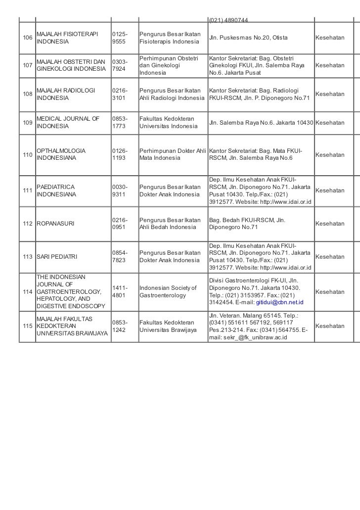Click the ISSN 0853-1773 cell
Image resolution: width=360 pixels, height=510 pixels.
(121, 122)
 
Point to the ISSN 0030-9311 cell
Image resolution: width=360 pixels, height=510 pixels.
(121, 190)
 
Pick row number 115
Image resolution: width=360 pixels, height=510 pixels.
(27, 326)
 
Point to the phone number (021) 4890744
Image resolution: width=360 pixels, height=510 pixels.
(228, 20)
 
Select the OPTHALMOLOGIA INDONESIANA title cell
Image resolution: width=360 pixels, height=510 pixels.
(61, 154)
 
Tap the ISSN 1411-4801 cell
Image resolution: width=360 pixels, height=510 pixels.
(121, 291)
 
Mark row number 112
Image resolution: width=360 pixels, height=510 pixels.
(27, 224)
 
